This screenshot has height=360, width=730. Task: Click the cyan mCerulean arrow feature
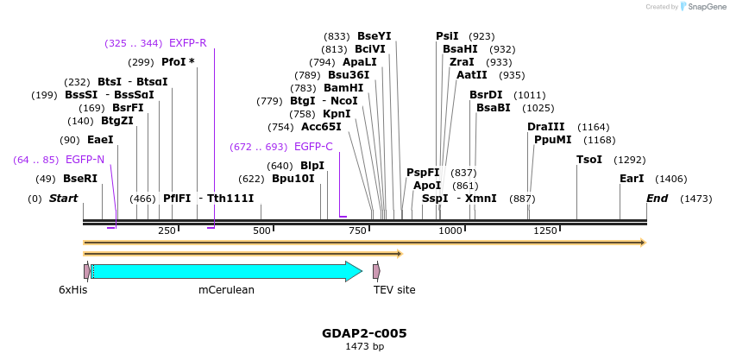226,272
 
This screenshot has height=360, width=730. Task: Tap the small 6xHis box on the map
86,271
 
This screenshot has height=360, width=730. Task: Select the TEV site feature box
376,271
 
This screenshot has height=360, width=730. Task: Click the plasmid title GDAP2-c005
364,333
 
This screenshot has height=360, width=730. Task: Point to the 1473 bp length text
364,347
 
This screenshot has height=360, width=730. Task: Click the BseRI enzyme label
80,179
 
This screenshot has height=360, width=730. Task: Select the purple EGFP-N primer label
85,160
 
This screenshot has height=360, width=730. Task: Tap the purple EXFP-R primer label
187,43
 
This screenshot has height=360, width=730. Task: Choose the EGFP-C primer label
313,147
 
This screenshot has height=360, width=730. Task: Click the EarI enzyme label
632,179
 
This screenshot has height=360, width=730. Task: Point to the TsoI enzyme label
589,160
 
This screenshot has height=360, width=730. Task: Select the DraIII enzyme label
545,127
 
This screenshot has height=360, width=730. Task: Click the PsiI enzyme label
447,36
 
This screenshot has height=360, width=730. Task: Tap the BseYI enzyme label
374,36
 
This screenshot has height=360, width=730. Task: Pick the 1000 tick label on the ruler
450,231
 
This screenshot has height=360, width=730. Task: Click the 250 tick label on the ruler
167,231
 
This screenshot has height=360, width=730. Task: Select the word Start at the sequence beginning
63,199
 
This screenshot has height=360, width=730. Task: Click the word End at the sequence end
658,199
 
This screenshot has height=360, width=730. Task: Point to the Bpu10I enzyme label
293,179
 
